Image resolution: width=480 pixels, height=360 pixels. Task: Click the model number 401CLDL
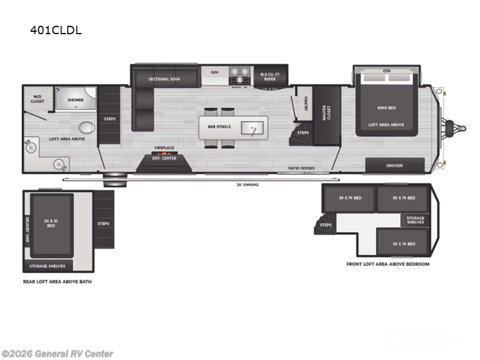56,30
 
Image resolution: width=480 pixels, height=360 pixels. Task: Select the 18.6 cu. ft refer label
268,77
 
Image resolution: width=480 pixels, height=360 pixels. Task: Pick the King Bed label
386,108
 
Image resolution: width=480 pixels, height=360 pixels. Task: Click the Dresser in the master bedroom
394,166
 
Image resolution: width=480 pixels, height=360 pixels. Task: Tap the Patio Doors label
301,169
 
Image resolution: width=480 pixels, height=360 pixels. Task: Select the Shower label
75,100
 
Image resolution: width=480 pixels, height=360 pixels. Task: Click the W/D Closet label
37,100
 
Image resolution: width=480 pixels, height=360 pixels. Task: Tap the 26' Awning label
247,184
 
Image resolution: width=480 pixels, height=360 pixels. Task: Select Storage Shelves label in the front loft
415,220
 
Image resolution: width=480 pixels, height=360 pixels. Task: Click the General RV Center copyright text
57,354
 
